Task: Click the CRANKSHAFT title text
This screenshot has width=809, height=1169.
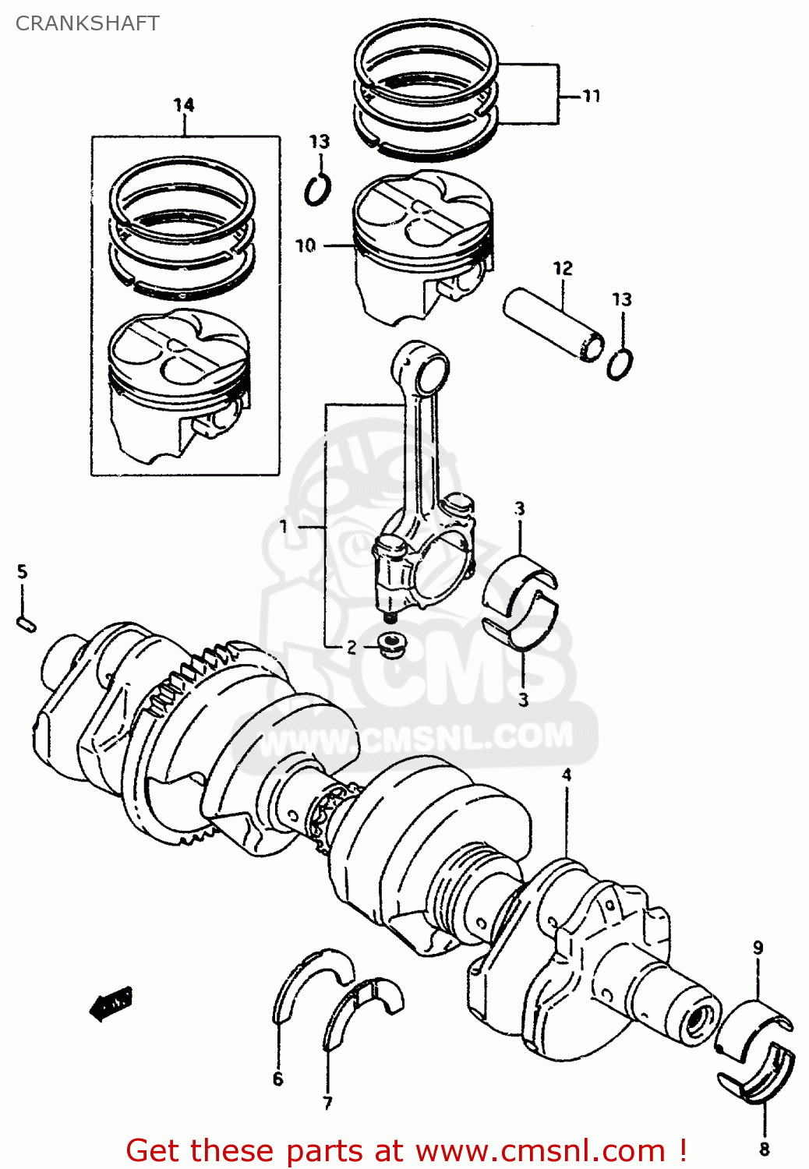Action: pos(87,23)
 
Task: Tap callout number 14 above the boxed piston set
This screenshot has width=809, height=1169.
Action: pos(184,104)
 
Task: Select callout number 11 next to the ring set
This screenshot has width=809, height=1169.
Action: pos(592,96)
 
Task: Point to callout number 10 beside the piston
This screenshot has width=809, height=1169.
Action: pos(305,245)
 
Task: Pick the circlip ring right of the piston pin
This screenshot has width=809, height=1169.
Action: pos(620,364)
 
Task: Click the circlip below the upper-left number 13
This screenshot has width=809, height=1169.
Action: pos(317,189)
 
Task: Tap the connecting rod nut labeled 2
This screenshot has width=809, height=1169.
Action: pos(389,645)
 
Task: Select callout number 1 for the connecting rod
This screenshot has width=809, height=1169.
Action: pos(284,527)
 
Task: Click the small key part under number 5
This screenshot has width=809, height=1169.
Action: pos(26,623)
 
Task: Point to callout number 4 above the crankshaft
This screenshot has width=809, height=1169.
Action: pos(567,775)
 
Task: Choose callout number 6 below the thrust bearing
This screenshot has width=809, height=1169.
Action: pos(278,1079)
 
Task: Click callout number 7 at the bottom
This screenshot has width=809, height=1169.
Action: pos(327,1103)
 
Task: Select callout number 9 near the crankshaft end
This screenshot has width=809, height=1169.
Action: pos(758,948)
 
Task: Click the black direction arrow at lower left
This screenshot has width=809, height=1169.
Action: pos(111,1004)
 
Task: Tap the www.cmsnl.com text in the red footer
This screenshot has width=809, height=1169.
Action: pos(539,1150)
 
